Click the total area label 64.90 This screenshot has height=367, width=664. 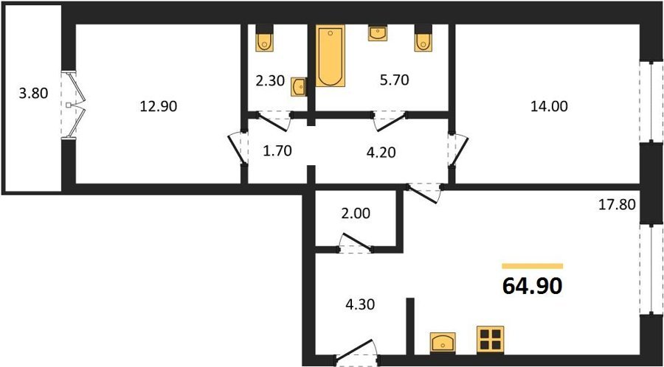coord(532,286)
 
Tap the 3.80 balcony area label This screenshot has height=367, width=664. coord(33,93)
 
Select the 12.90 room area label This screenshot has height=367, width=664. coord(159,107)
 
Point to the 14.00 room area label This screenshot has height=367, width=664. coord(549,107)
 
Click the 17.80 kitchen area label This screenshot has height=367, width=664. coord(617,206)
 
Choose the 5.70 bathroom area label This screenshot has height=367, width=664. coord(394,80)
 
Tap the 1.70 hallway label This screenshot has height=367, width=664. coord(277,150)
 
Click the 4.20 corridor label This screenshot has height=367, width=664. coord(381,153)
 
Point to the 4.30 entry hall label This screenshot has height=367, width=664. coord(360,304)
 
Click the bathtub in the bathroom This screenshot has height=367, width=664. coord(331,55)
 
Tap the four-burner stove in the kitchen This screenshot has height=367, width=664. coord(490,340)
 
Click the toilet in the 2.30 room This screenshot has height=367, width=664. coord(265,38)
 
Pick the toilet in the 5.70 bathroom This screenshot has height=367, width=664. coord(423,38)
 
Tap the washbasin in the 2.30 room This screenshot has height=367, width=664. coord(299,88)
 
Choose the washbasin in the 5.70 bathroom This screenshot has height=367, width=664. coord(378,33)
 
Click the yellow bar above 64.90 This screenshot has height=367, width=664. coord(532,266)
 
